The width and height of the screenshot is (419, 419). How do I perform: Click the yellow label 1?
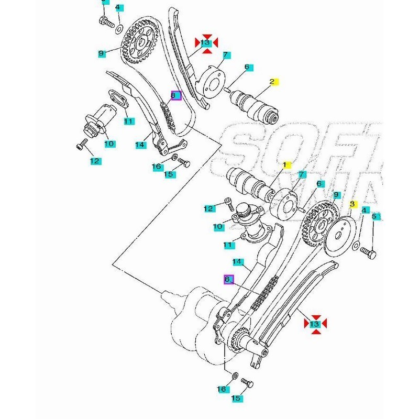pos(285,165)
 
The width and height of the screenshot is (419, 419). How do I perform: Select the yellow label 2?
pos(272,81)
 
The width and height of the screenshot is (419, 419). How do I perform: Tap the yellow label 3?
pos(352,203)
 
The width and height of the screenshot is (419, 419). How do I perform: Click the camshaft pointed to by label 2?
pos(254,105)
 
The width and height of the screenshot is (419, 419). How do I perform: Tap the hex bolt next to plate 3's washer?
pos(369,254)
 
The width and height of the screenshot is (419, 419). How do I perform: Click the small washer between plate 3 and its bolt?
pos(356,245)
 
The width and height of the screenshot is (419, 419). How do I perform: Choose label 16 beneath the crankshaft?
pos(221,389)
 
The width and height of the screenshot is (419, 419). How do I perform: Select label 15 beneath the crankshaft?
pos(236,399)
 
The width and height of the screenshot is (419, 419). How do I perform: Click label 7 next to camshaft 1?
pos(302,174)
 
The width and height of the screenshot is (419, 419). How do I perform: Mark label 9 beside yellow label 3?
pos(336,195)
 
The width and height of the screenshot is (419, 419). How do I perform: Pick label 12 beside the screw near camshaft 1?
pos(210,209)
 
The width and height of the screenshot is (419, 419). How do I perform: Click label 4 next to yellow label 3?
pos(365,210)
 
